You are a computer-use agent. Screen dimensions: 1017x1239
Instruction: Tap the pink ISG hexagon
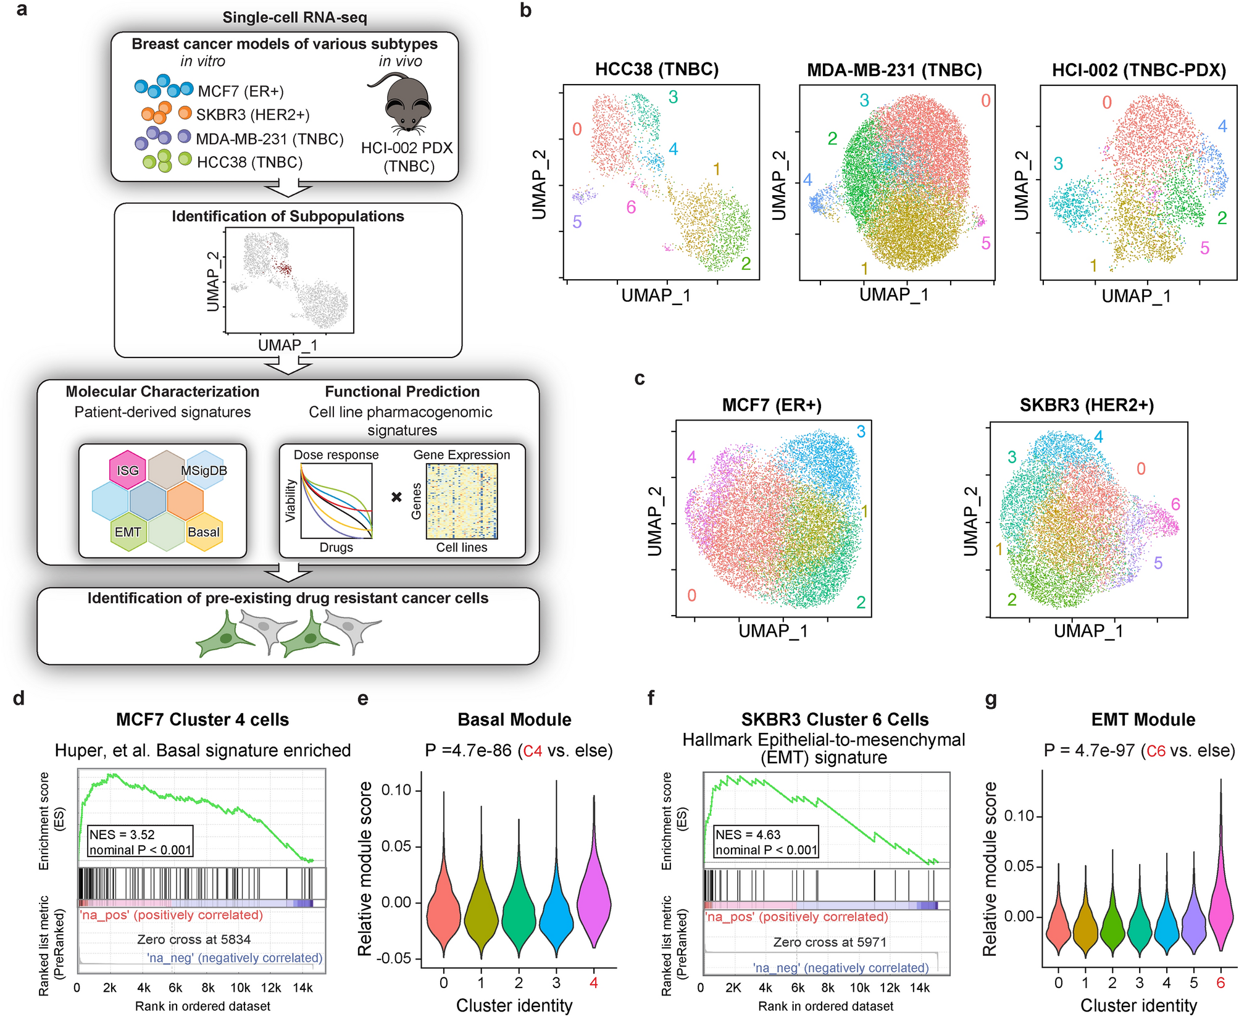128,470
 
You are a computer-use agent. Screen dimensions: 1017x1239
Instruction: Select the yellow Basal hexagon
204,532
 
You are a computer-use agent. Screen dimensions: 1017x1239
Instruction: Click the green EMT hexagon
128,532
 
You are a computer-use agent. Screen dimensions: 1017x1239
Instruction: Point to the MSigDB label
204,471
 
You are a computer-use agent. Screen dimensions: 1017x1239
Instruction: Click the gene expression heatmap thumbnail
462,501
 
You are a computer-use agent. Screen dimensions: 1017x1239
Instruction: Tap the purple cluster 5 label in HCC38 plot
577,222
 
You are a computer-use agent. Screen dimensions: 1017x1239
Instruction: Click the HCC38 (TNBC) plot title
657,69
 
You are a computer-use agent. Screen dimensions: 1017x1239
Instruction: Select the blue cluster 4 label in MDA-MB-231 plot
807,180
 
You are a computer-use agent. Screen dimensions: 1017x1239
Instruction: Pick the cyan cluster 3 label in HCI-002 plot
1058,164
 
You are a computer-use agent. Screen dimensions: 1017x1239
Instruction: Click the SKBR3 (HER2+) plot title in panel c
1087,405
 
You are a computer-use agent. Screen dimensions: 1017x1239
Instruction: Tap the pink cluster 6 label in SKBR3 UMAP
1175,504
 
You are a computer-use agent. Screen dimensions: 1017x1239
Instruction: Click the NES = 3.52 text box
141,842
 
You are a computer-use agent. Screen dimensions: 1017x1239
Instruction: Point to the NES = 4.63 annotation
766,842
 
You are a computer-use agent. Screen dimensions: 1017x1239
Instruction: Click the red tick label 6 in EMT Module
1220,982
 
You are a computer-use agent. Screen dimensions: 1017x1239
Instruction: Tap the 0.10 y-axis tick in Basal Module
396,790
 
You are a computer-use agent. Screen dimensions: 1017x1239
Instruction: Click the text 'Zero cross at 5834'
194,939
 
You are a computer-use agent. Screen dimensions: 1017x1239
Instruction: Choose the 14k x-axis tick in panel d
302,987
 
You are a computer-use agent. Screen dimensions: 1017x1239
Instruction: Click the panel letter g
991,699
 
